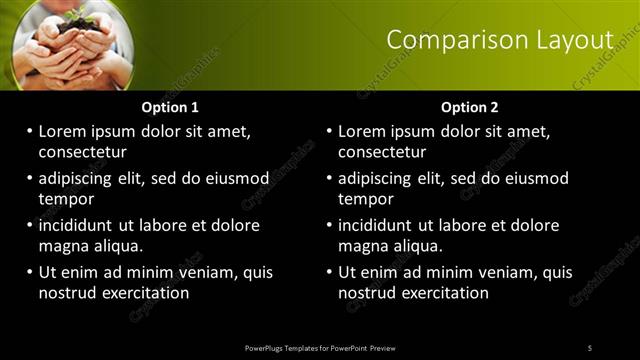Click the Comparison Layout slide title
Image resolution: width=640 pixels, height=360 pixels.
click(499, 40)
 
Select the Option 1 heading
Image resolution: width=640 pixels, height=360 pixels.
click(170, 107)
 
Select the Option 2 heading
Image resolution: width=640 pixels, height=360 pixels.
click(470, 107)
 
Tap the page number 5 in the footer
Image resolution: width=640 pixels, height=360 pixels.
click(590, 348)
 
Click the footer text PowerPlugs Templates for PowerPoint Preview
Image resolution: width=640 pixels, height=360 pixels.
click(320, 348)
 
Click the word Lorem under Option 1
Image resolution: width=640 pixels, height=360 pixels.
click(63, 131)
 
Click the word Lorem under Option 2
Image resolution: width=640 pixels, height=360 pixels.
click(363, 131)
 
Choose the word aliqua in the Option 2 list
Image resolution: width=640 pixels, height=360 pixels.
click(420, 246)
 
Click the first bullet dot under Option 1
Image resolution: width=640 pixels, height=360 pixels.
click(30, 131)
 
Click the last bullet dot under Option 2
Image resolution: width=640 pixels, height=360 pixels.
click(330, 272)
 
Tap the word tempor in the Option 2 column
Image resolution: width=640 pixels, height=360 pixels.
click(366, 199)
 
